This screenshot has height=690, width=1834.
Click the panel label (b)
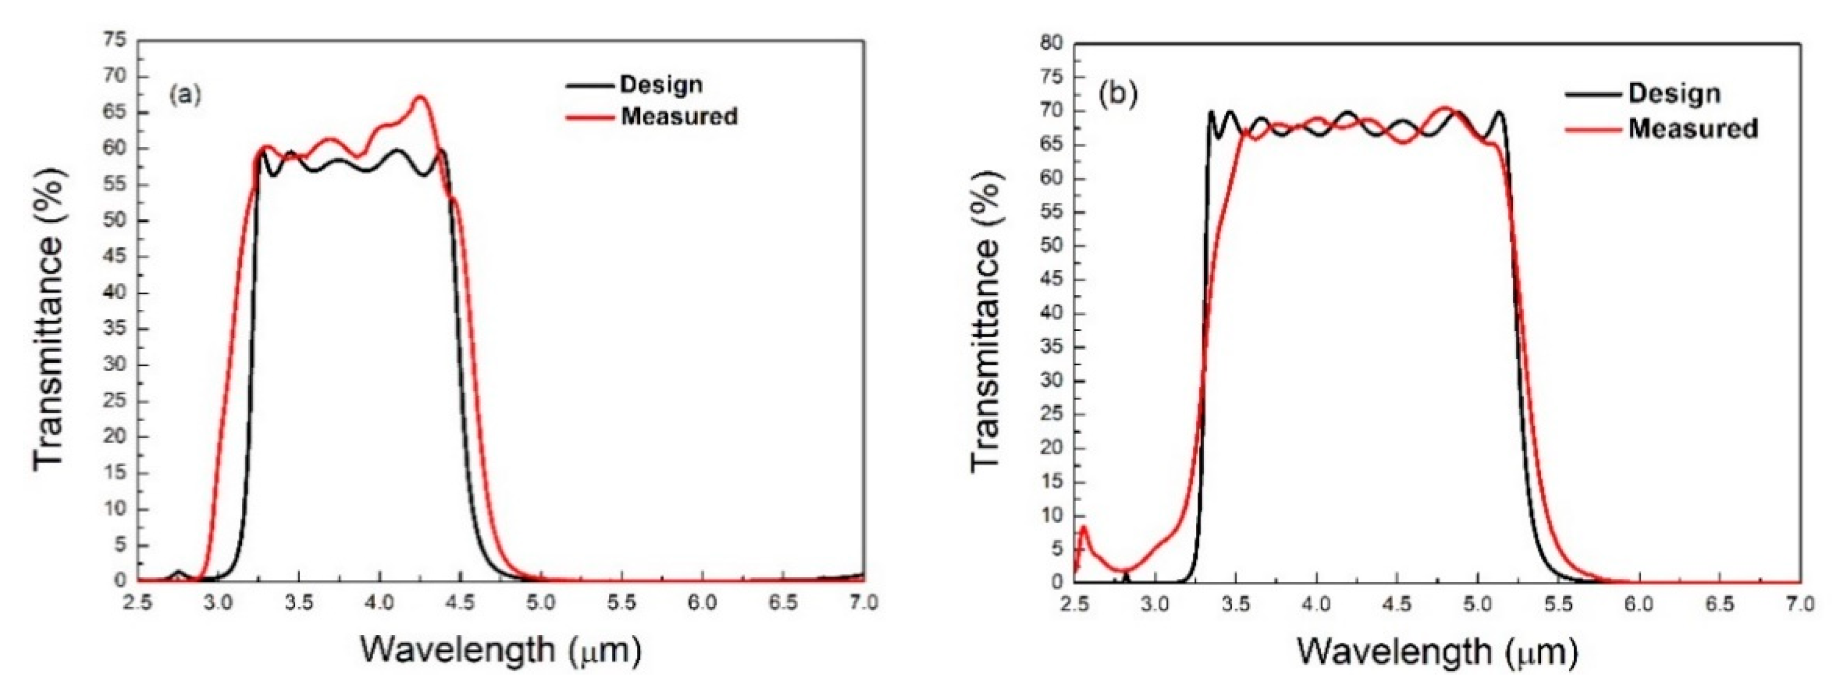1119,93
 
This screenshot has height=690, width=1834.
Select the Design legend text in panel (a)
662,85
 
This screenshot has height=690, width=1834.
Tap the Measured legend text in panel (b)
1693,128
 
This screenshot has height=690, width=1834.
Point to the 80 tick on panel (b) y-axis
1051,44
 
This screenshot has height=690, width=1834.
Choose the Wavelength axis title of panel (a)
500,650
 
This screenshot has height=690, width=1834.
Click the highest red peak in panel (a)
420,97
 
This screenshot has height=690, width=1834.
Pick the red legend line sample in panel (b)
1595,129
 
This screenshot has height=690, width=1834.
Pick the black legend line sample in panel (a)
589,85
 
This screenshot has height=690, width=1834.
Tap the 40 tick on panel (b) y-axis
1051,313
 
